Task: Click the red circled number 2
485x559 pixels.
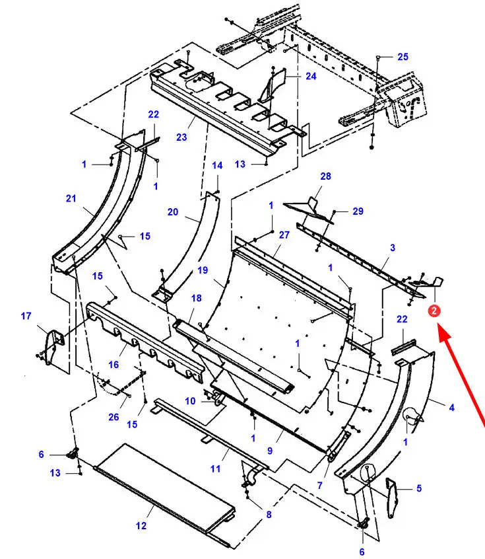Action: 434,311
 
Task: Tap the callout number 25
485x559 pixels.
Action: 403,57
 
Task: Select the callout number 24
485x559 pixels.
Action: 311,76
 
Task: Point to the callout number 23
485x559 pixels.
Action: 181,137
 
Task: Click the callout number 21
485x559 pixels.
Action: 71,198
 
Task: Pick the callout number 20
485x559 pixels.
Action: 173,211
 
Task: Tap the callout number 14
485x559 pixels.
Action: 217,165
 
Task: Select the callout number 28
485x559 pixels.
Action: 325,176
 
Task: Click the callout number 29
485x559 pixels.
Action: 358,211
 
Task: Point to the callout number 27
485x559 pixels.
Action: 284,235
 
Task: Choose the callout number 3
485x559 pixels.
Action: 393,247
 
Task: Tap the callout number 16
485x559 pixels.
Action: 113,364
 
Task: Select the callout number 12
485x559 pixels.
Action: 141,525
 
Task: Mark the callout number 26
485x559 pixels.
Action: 113,417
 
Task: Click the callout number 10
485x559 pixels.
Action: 190,401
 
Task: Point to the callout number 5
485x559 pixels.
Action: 419,488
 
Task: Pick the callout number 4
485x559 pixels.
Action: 451,407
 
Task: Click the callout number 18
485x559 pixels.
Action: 196,298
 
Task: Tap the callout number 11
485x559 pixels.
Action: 215,468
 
